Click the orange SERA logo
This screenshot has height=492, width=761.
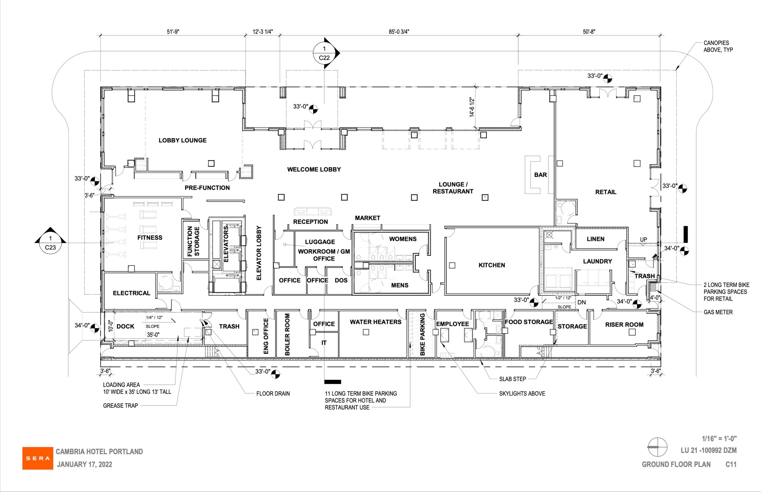38,458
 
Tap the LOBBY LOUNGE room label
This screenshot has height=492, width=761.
183,140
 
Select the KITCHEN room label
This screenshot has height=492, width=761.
492,265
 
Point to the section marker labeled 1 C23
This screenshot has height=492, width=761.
50,243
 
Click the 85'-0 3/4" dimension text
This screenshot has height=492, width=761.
399,31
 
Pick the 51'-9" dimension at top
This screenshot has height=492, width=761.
173,31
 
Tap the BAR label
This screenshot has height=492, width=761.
540,175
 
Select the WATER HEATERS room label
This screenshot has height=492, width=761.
375,322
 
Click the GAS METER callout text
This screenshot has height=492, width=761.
718,312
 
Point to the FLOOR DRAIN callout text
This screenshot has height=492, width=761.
273,394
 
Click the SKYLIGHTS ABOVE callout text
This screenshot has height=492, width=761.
522,394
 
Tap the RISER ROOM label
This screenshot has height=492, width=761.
624,325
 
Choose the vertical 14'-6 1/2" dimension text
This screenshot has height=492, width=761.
472,107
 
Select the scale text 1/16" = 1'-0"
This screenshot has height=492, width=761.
719,439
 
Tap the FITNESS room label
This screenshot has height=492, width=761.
150,238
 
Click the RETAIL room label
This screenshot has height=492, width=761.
605,192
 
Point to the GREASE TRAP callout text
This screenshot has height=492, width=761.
120,406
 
